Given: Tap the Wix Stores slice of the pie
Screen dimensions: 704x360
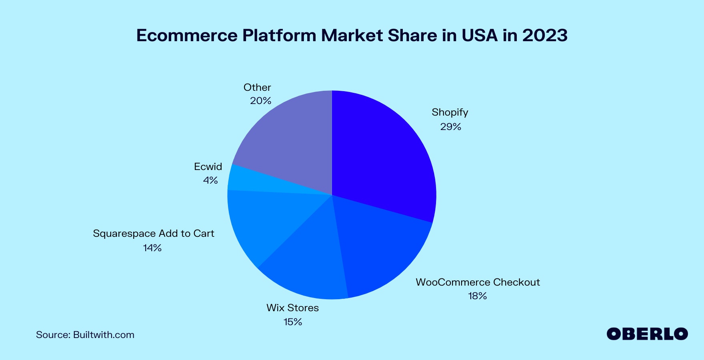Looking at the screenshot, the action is (x=308, y=260).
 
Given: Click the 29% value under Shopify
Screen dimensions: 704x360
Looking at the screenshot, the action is (x=451, y=127).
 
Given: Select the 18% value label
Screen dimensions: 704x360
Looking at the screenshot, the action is (x=478, y=296).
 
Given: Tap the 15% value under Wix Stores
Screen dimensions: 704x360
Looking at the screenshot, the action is (x=293, y=322).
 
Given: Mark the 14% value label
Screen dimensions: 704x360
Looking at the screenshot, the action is (x=152, y=248).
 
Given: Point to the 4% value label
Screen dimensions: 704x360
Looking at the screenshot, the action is (x=210, y=180).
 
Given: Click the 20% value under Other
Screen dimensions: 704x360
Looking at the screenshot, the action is (x=261, y=101).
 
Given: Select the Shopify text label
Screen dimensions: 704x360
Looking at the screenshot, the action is (x=450, y=112).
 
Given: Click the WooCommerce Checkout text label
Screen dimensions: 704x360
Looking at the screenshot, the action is (x=478, y=282).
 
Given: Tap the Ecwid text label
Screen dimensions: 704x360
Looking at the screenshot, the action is (x=208, y=166).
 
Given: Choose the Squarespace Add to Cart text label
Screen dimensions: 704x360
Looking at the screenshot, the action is (x=154, y=234).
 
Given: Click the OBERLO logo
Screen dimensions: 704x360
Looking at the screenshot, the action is (x=647, y=334).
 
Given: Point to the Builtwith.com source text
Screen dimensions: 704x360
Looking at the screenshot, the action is (x=104, y=335).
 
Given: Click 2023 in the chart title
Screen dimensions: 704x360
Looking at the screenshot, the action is (x=545, y=35).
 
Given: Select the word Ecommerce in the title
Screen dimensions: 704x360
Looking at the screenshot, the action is (x=187, y=35).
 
